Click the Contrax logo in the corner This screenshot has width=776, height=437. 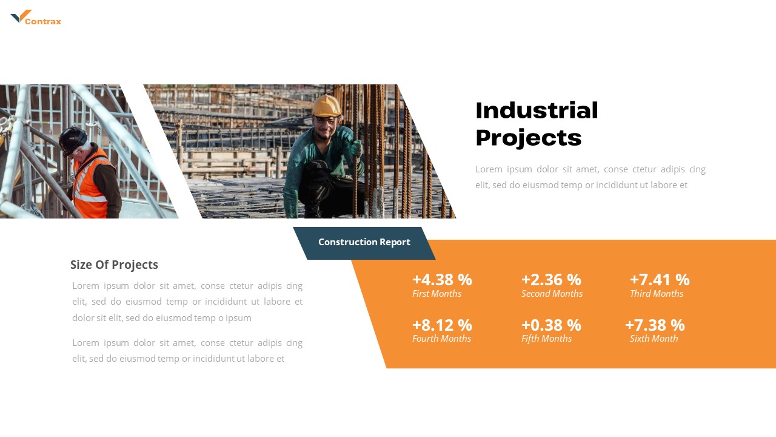coord(36,18)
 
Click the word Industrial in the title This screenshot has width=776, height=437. coord(537,111)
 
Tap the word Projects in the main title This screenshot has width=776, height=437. coord(528,138)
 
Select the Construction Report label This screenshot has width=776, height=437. coord(364,242)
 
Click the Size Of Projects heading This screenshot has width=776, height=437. coord(114,265)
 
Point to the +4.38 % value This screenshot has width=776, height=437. coord(442,280)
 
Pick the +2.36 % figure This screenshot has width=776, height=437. coord(551,280)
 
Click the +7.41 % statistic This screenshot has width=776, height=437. coord(660,280)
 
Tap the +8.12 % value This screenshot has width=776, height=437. coord(442,325)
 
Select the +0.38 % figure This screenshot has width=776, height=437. coord(551,325)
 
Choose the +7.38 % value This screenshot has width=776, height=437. coord(655,325)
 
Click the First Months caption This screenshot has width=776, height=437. coord(436,294)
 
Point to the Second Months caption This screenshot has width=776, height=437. coord(552,294)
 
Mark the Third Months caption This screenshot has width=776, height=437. coord(657,294)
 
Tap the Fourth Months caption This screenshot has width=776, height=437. coord(441,339)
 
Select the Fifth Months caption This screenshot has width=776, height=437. coord(546,339)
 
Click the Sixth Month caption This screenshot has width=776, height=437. coord(654,339)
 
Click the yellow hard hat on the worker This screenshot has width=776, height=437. coord(327,106)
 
